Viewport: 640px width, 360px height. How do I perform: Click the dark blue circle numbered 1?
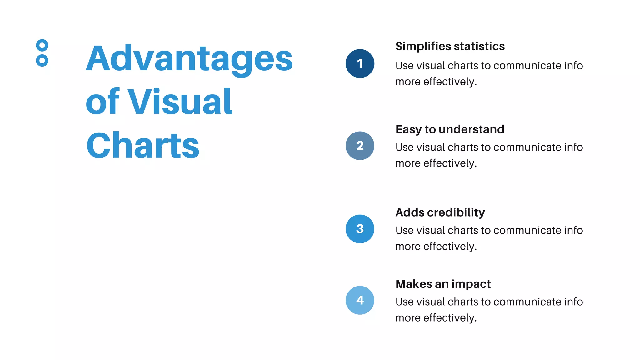360,63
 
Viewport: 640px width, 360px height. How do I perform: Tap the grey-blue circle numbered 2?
360,146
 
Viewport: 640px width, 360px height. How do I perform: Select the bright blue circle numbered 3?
360,229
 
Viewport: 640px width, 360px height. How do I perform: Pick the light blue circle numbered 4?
360,300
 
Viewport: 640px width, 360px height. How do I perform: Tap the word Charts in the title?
143,146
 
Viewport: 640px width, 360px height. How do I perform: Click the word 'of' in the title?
102,102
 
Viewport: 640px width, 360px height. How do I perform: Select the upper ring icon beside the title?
42,46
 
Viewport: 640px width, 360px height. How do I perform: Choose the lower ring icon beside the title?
42,60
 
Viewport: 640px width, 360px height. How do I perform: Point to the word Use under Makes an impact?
404,302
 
